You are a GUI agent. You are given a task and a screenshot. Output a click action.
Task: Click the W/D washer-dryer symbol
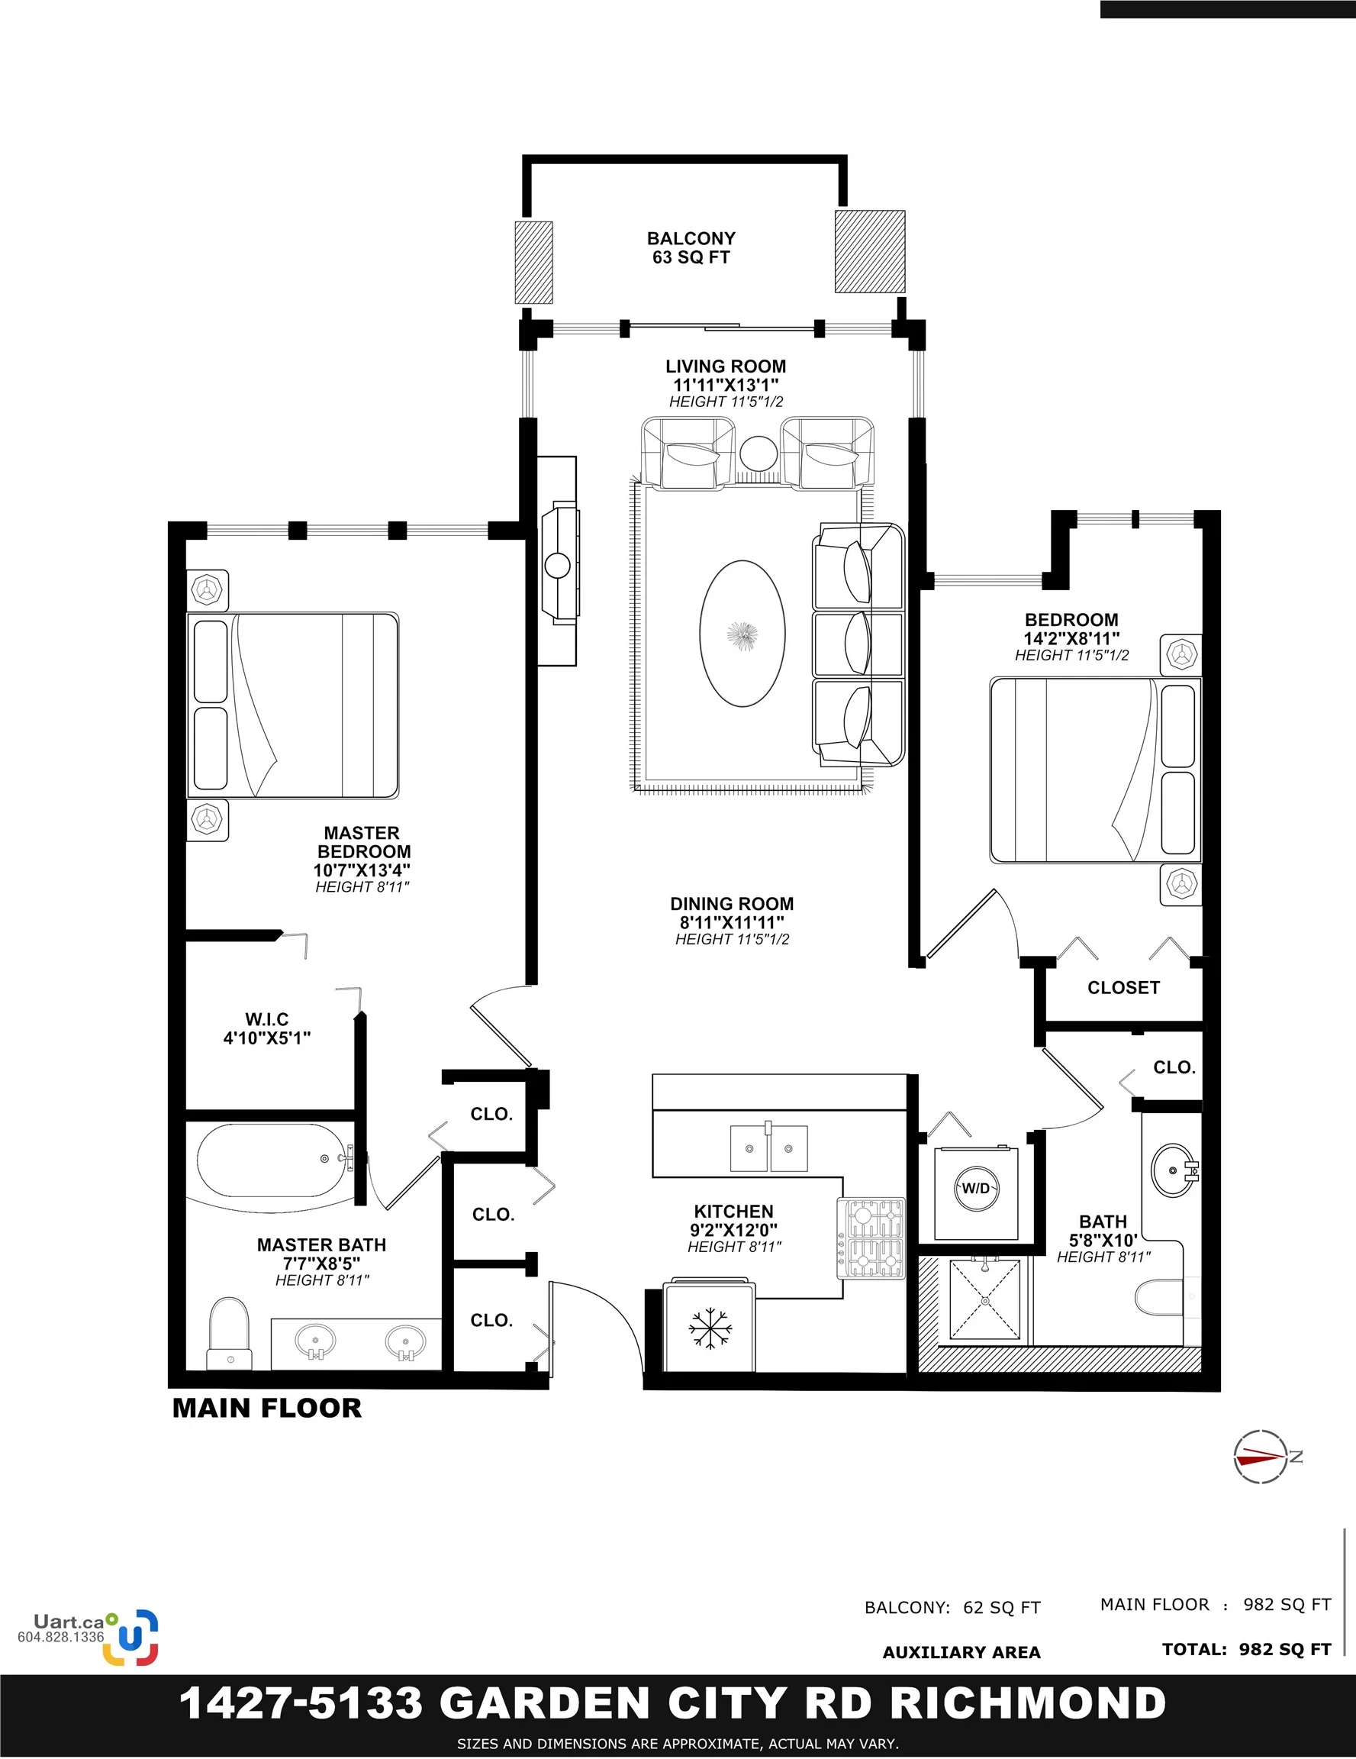pyautogui.click(x=976, y=1189)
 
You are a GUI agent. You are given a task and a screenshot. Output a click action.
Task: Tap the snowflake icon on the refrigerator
pyautogui.click(x=710, y=1328)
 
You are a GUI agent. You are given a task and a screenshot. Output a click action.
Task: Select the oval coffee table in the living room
pyautogui.click(x=742, y=634)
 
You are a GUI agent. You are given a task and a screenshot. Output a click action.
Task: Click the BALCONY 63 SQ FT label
pyautogui.click(x=691, y=248)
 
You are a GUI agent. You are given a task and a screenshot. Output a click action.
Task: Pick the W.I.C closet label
pyautogui.click(x=266, y=1028)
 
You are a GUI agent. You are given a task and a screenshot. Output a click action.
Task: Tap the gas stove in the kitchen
pyautogui.click(x=871, y=1237)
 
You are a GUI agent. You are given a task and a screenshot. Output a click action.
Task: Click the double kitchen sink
pyautogui.click(x=768, y=1147)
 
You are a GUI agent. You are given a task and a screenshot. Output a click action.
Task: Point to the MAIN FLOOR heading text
pyautogui.click(x=267, y=1408)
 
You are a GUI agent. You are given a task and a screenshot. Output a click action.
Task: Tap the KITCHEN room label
pyautogui.click(x=733, y=1212)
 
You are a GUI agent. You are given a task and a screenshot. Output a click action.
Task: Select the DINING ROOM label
pyautogui.click(x=732, y=904)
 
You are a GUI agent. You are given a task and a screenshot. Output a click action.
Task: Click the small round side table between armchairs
pyautogui.click(x=759, y=453)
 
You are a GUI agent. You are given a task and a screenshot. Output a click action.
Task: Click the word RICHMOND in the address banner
pyautogui.click(x=1029, y=1703)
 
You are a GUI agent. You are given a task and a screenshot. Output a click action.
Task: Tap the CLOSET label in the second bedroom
pyautogui.click(x=1123, y=987)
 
